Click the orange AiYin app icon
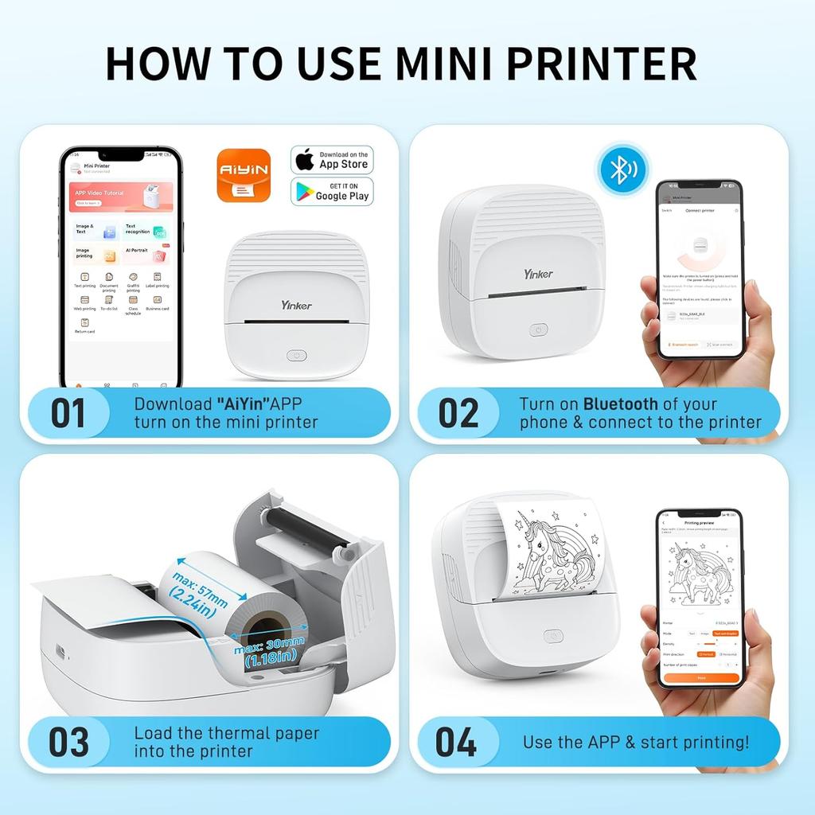[x=244, y=176]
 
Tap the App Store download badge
[x=332, y=160]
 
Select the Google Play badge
[x=332, y=191]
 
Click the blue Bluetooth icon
[x=623, y=169]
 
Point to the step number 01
[x=68, y=413]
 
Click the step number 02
[x=458, y=413]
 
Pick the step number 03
[x=68, y=741]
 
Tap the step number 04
[x=457, y=741]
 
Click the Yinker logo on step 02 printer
[x=538, y=274]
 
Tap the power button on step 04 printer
[x=552, y=635]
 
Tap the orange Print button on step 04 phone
[x=700, y=678]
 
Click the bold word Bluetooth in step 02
[x=621, y=404]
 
